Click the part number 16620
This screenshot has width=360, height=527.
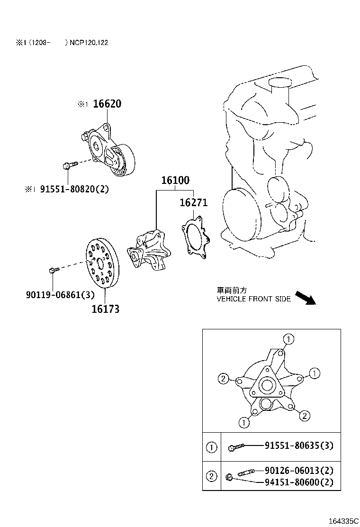click(x=107, y=104)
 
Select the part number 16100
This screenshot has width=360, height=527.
click(x=175, y=180)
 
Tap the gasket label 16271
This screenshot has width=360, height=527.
click(x=193, y=203)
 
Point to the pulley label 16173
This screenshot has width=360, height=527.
click(x=105, y=309)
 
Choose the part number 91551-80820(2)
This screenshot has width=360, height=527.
click(x=74, y=189)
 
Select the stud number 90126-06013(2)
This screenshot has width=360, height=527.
click(x=299, y=471)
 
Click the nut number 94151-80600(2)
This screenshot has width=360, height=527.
click(x=299, y=482)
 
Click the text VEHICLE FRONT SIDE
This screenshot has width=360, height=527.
click(x=253, y=299)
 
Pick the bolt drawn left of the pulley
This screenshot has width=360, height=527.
click(x=53, y=270)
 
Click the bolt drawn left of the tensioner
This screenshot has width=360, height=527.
click(x=69, y=165)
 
